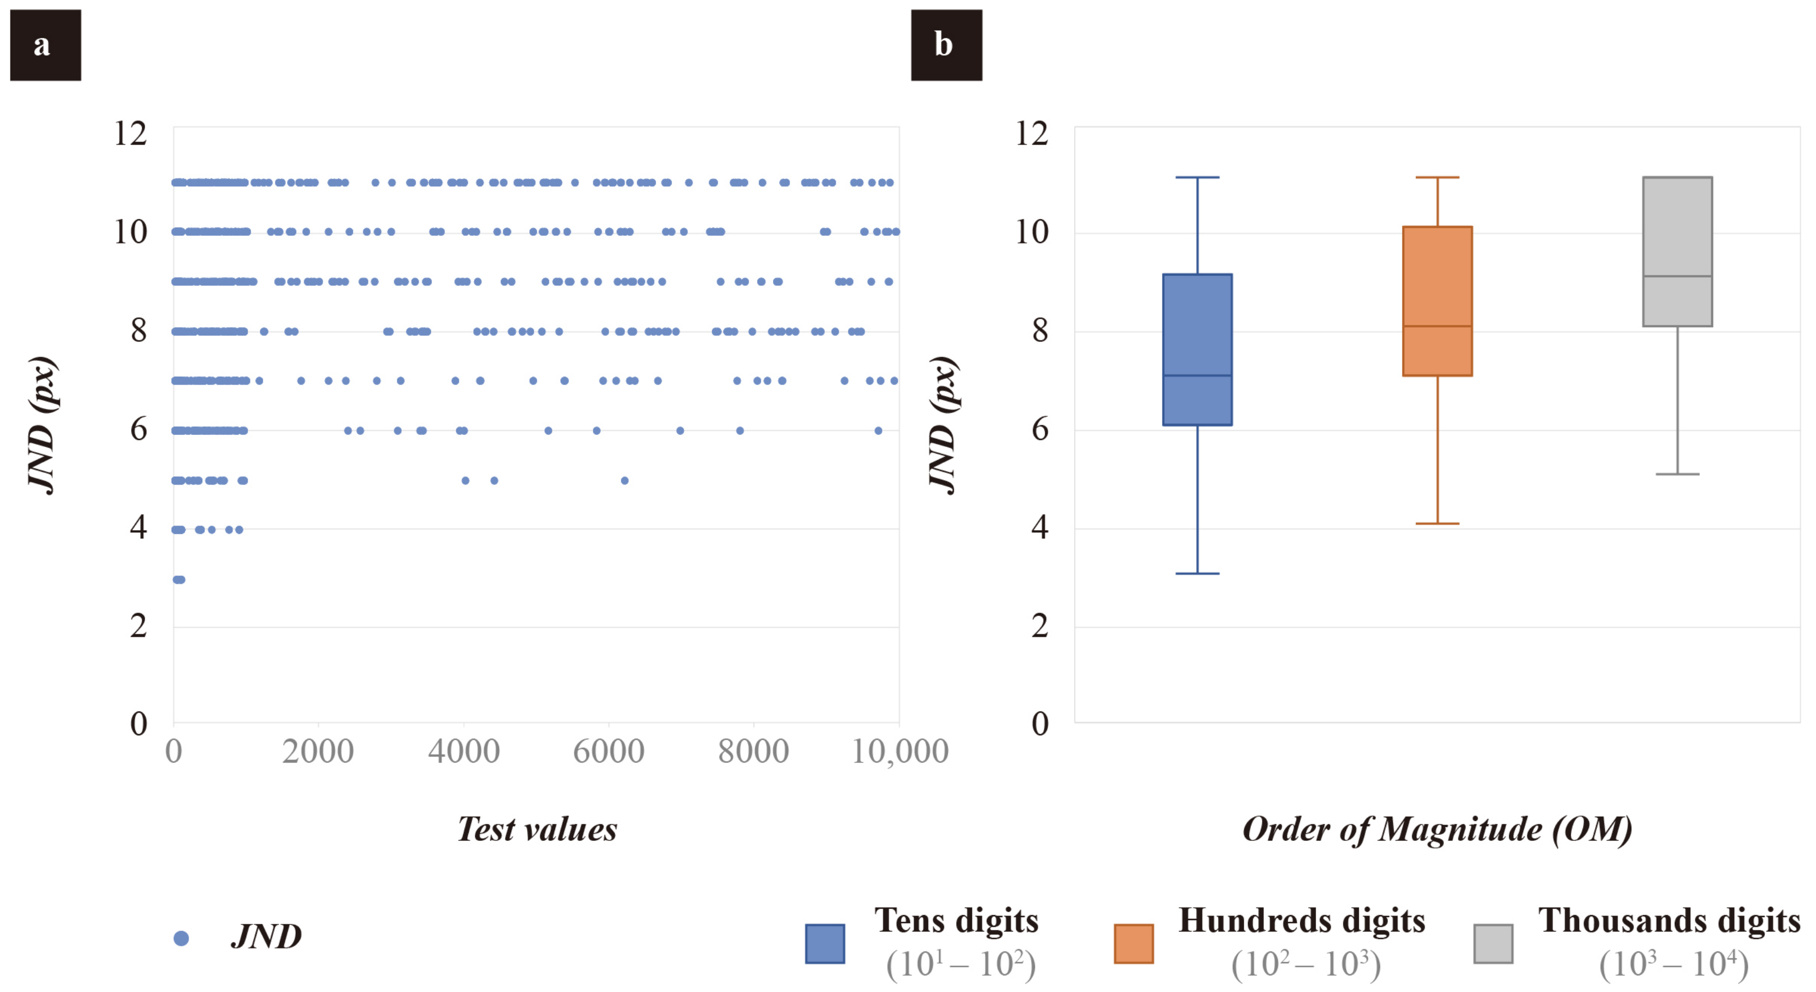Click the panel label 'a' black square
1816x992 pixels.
click(45, 45)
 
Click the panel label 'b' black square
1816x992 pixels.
click(946, 45)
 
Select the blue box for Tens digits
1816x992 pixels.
click(1197, 349)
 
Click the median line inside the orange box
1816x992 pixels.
click(1437, 326)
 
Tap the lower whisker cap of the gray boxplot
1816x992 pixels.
click(1677, 474)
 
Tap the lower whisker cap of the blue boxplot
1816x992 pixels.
click(1197, 573)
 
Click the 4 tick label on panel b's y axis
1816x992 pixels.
click(1040, 527)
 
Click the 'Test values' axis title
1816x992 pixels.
click(537, 829)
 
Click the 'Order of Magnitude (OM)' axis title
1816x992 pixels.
click(1437, 829)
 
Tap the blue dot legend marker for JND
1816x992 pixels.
click(181, 938)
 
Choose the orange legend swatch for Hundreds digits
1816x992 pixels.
click(1133, 944)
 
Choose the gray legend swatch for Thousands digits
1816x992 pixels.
click(1492, 944)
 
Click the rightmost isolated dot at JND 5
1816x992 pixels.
click(624, 480)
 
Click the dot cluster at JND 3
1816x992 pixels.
click(178, 580)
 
